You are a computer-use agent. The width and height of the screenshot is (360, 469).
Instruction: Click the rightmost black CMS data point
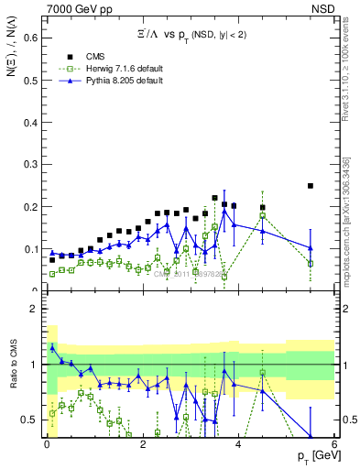[x=311, y=186]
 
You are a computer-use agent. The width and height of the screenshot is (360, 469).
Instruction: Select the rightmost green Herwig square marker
[x=311, y=263]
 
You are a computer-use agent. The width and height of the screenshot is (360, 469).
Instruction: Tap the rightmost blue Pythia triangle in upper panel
[x=311, y=247]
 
